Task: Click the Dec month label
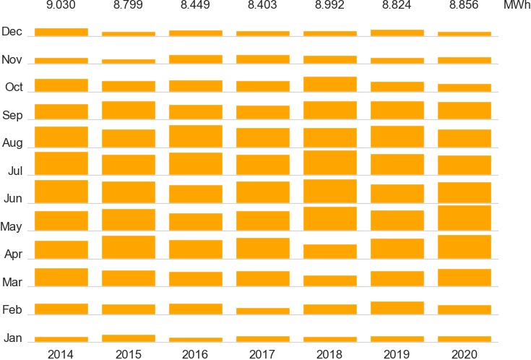[x=12, y=32]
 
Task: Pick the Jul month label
[x=15, y=171]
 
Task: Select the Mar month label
[x=12, y=282]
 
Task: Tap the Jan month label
[x=13, y=338]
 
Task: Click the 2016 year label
[x=195, y=354]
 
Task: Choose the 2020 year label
[x=464, y=354]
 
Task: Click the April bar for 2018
[x=329, y=252]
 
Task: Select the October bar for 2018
[x=329, y=84]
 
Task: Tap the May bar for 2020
[x=464, y=217]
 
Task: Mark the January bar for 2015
[x=128, y=338]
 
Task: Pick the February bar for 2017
[x=262, y=311]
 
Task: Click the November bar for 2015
[x=128, y=61]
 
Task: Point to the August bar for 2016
[x=195, y=137]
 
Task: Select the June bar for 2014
[x=61, y=192]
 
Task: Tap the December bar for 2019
[x=397, y=33]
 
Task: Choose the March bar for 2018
[x=329, y=281]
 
